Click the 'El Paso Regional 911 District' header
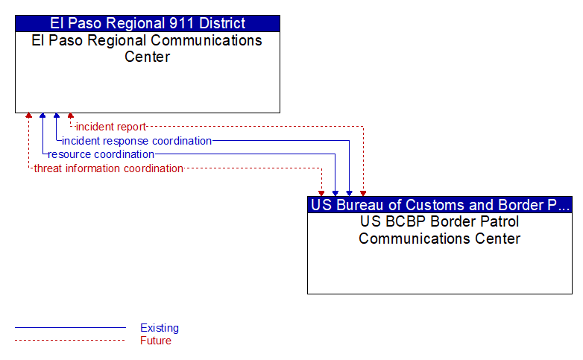click(x=148, y=23)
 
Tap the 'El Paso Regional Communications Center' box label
click(x=147, y=48)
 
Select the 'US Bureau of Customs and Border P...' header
click(x=440, y=205)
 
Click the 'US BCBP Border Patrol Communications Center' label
click(x=439, y=230)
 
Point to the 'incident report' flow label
click(x=111, y=127)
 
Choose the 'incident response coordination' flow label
click(x=137, y=141)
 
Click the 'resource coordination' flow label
click(x=101, y=154)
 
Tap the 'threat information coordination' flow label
click(x=109, y=168)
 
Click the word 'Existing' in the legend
click(x=160, y=328)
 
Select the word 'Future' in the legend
click(x=156, y=341)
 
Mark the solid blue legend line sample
click(x=70, y=328)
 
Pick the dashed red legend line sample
click(x=70, y=341)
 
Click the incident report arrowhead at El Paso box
click(x=71, y=116)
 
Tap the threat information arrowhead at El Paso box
click(x=28, y=116)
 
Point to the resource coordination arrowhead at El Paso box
click(x=42, y=116)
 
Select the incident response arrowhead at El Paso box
click(x=57, y=116)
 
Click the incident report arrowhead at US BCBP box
click(x=363, y=194)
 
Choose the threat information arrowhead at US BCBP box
click(x=321, y=194)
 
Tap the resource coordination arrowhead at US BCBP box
click(x=335, y=194)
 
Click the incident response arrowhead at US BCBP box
click(x=349, y=194)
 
